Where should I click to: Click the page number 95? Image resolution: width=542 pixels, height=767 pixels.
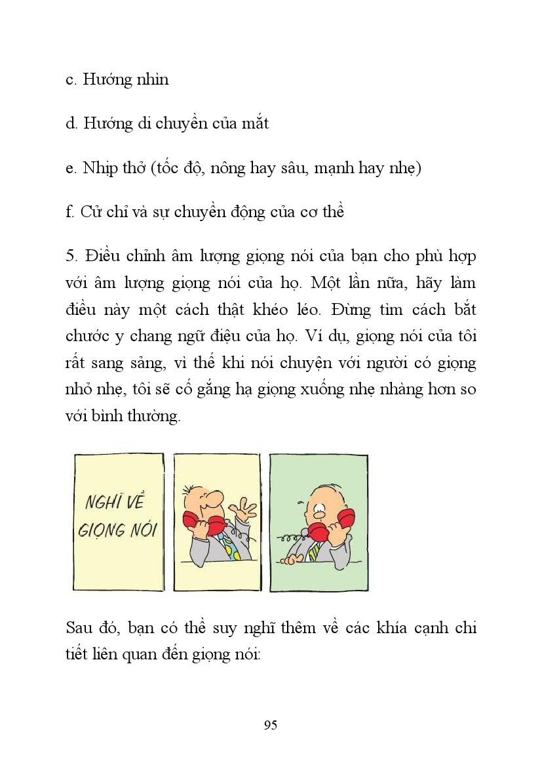(271, 725)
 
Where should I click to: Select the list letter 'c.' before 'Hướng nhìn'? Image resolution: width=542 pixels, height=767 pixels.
(72, 80)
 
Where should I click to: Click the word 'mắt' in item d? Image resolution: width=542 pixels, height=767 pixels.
(255, 123)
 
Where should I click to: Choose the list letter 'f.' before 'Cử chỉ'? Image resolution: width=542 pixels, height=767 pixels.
(71, 213)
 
